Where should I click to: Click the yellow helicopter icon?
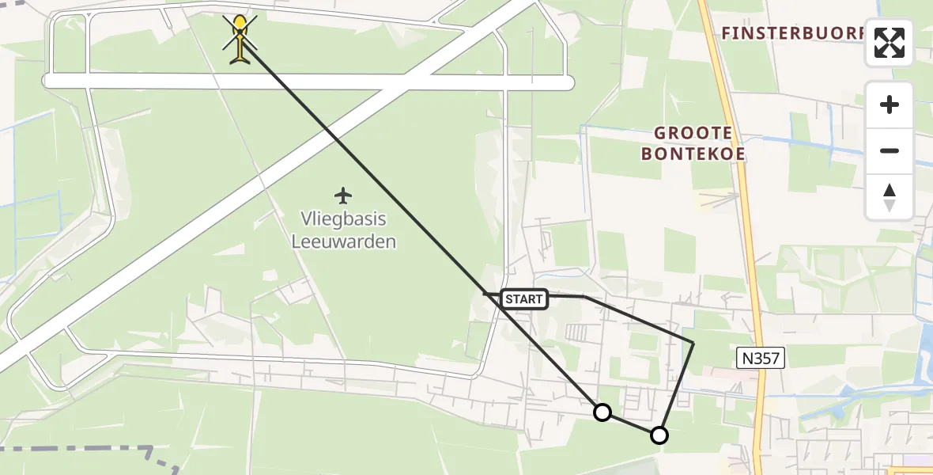(x=240, y=37)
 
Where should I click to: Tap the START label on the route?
(x=523, y=299)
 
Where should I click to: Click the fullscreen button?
(x=890, y=43)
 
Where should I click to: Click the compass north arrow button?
(x=890, y=197)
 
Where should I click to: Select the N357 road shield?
(x=761, y=359)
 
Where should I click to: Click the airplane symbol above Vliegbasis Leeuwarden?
(x=342, y=195)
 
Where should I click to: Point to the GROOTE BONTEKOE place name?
(x=693, y=143)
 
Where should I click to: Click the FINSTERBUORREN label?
(x=795, y=33)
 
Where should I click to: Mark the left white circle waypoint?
(x=602, y=412)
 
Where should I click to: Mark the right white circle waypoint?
(x=659, y=435)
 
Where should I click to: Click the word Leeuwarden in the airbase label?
(x=343, y=241)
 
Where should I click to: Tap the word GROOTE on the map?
(x=693, y=133)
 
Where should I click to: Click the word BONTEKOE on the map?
(x=693, y=154)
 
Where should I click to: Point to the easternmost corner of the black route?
(x=693, y=343)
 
